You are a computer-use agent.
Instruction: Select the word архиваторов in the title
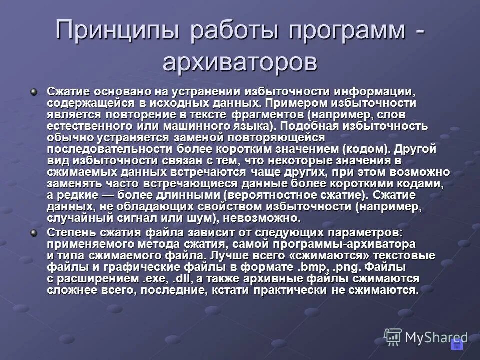point(240,63)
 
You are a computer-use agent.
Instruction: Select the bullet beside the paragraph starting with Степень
point(34,232)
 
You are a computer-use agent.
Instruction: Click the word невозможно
point(262,218)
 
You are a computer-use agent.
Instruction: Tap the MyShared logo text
point(436,337)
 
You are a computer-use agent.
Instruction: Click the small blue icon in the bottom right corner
point(457,344)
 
